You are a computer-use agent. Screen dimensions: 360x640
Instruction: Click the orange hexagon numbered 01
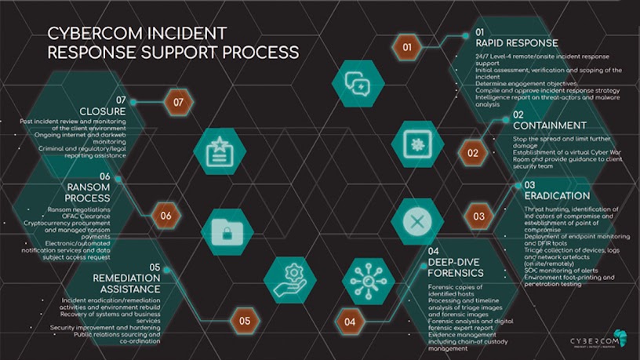tap(407, 48)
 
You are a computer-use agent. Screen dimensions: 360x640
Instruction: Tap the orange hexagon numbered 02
tap(473, 153)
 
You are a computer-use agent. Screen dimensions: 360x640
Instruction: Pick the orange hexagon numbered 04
tap(350, 321)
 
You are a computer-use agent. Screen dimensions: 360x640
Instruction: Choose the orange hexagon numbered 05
tap(245, 320)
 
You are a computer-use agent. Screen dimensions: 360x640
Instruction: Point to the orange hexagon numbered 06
tap(165, 216)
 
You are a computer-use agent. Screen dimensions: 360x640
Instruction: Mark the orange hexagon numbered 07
tap(178, 102)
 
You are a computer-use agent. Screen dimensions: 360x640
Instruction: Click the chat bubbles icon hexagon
tap(358, 82)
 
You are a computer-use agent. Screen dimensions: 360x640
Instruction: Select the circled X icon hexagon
tap(417, 221)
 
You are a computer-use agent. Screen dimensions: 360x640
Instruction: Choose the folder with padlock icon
tap(227, 233)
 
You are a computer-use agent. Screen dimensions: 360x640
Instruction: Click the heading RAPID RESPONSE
tap(517, 43)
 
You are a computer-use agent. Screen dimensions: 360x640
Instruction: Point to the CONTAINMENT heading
tap(549, 125)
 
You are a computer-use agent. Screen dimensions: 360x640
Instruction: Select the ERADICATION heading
tap(557, 195)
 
